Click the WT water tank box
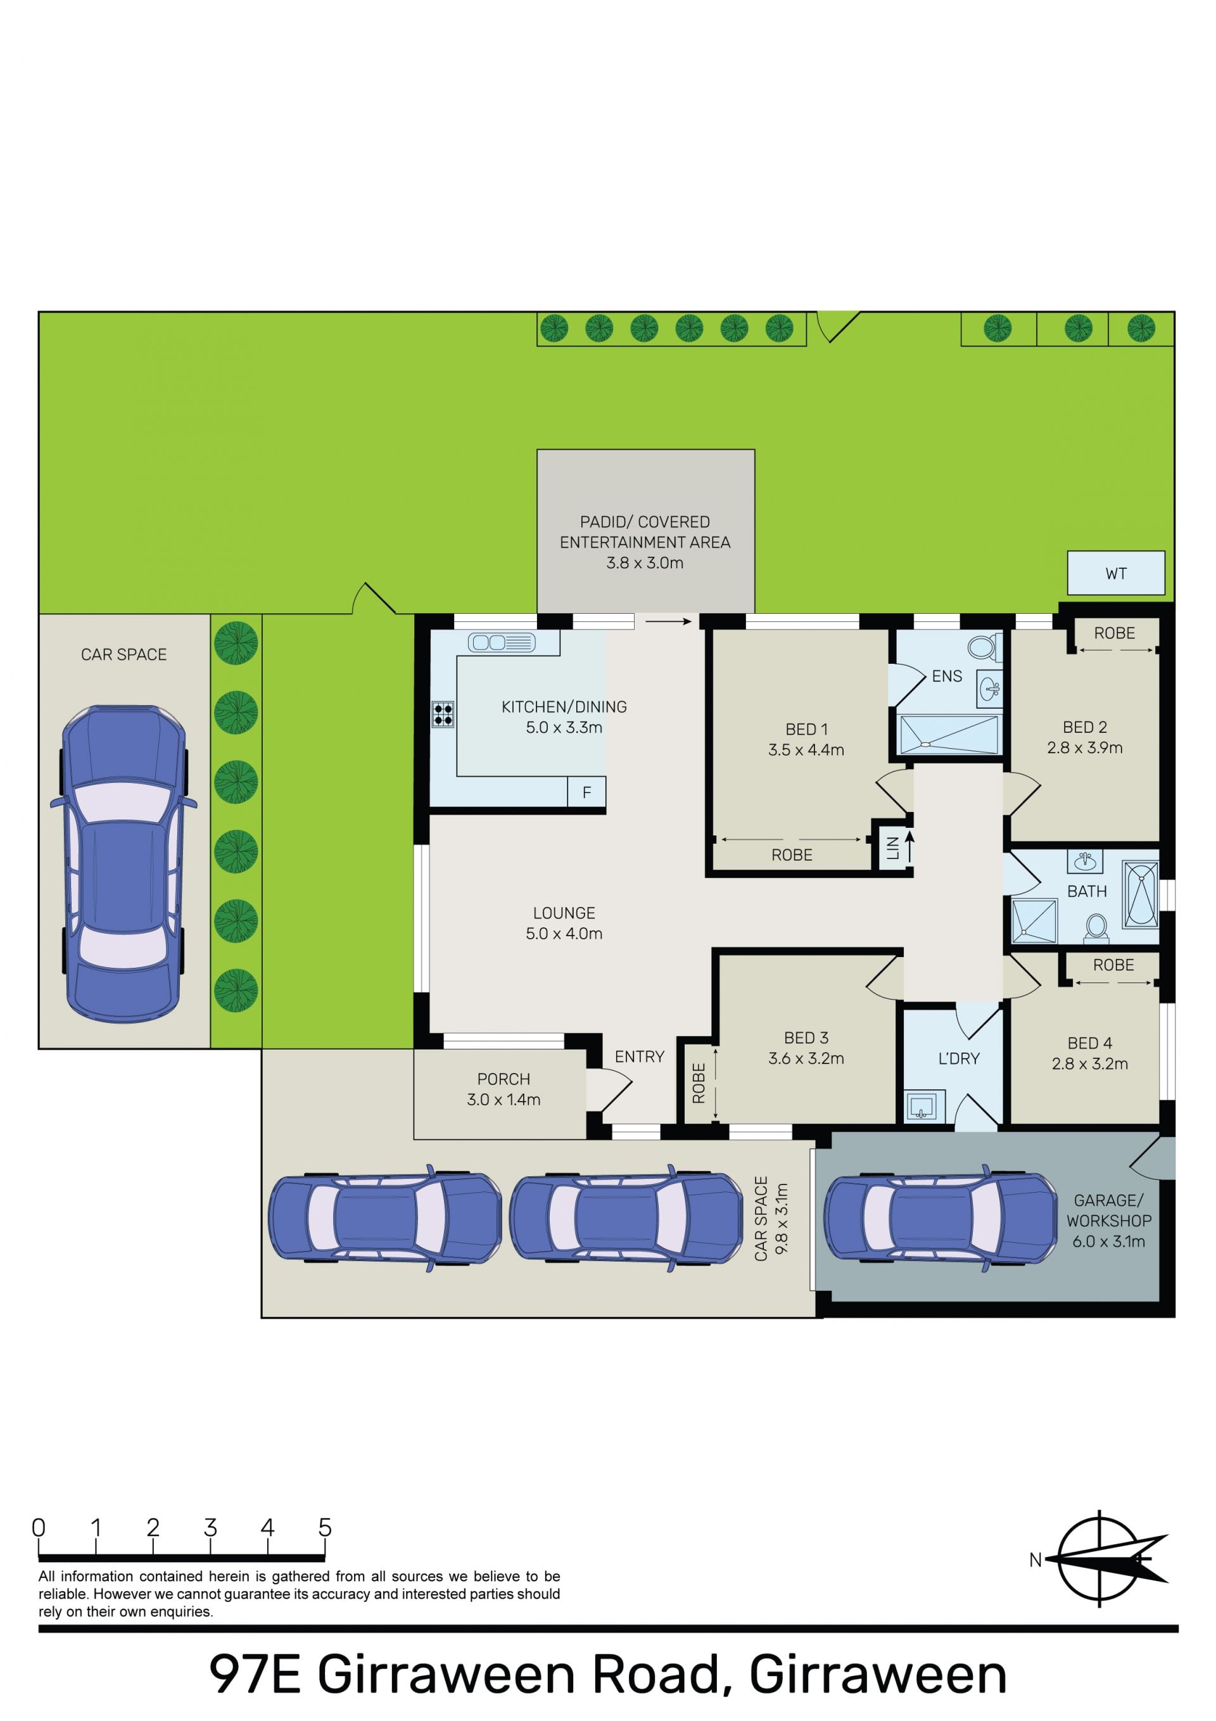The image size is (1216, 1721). (1115, 573)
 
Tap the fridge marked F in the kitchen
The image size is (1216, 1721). (586, 792)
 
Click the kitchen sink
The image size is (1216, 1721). (502, 642)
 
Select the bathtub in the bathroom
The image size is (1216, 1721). (1140, 892)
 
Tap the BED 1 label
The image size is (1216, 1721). (806, 729)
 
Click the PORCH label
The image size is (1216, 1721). (503, 1079)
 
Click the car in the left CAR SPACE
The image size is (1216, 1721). (123, 863)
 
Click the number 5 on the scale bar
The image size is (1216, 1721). (325, 1527)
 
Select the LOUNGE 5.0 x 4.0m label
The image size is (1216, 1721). (564, 923)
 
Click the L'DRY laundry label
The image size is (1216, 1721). (959, 1058)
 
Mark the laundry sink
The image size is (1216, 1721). (921, 1105)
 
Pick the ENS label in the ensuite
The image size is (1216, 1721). (947, 676)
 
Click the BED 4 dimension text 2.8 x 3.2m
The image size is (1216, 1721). (1089, 1064)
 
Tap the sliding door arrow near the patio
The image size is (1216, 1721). (668, 621)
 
